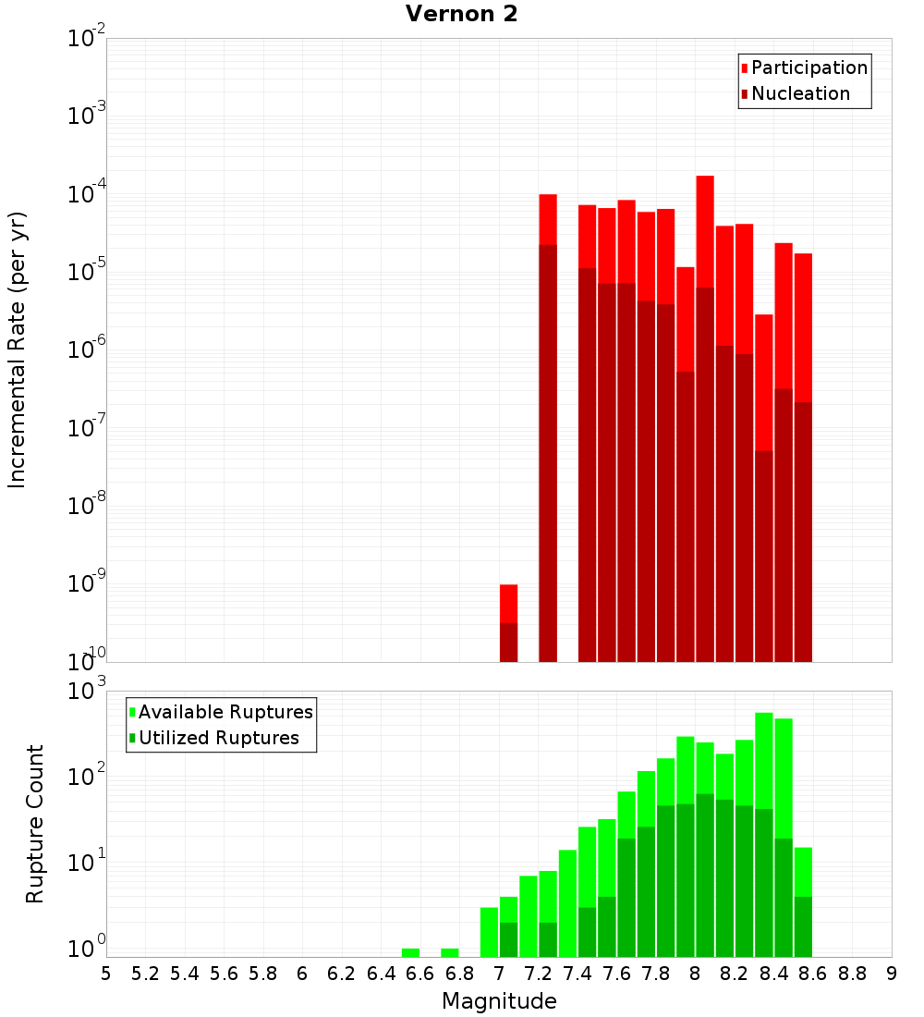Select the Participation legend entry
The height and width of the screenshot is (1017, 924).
click(808, 67)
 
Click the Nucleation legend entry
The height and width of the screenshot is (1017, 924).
click(799, 93)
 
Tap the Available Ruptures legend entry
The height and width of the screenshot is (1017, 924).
click(225, 712)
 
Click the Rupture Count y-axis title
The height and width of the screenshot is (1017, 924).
click(35, 824)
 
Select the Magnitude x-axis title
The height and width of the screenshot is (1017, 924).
click(499, 1001)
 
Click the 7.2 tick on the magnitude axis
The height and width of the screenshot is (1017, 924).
click(538, 974)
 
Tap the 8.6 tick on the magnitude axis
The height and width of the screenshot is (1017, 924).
click(813, 974)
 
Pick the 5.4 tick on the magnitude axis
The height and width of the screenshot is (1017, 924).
click(185, 974)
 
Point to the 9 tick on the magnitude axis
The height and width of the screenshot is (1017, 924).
click(892, 974)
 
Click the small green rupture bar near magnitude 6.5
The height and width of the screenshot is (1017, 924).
click(410, 952)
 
